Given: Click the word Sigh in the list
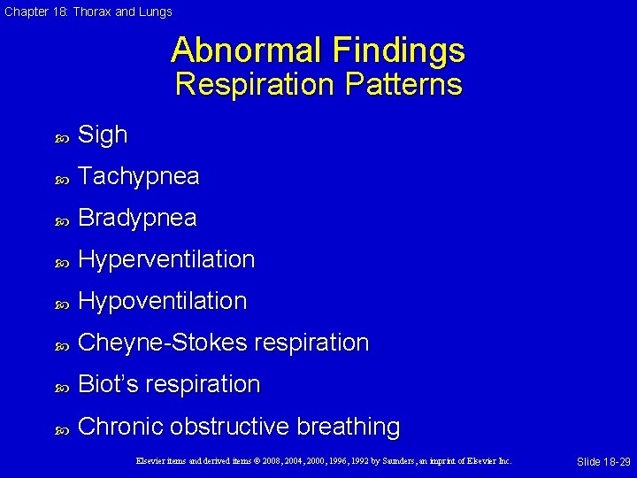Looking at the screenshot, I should [x=103, y=135].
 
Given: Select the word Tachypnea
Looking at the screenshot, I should [x=138, y=177].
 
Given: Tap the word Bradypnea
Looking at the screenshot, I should [x=137, y=219].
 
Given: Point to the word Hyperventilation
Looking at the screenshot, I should [x=166, y=259].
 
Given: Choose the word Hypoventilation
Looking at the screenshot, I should [x=162, y=301].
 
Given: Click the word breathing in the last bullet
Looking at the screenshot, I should [x=349, y=427].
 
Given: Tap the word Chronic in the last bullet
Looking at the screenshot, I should [x=120, y=426].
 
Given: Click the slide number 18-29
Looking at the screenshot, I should [x=612, y=462].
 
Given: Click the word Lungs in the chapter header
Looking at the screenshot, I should [x=155, y=12].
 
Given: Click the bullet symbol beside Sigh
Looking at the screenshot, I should [x=61, y=137].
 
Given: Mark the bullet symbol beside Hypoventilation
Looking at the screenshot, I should [x=61, y=303].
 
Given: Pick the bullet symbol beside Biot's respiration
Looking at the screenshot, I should [x=61, y=386].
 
